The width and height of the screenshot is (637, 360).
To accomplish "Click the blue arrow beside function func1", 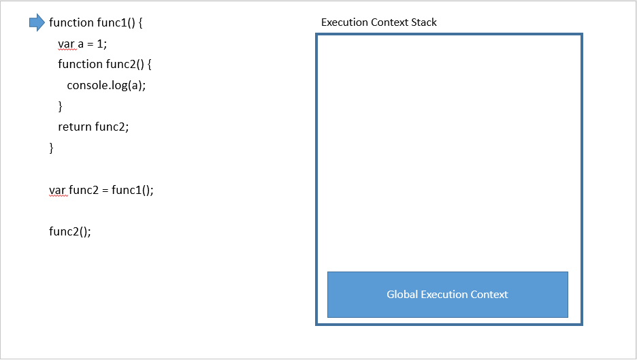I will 37,23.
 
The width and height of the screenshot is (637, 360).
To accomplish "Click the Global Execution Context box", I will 447,295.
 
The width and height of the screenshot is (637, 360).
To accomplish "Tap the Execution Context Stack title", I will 378,22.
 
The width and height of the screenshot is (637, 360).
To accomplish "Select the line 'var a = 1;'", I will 82,44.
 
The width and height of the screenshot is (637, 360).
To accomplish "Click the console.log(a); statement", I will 106,85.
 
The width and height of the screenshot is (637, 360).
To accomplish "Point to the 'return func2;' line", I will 93,126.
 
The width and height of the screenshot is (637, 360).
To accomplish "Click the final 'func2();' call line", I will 69,231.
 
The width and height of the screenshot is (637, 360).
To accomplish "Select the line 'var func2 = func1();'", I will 101,190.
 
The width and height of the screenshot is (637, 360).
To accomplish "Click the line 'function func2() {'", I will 105,64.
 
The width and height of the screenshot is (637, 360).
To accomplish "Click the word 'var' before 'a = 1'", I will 66,44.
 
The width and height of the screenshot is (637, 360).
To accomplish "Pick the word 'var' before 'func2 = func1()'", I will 57,190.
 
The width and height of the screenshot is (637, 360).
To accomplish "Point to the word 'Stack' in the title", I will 424,22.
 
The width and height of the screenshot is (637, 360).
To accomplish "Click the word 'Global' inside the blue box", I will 402,295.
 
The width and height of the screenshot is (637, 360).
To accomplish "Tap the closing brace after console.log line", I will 60,105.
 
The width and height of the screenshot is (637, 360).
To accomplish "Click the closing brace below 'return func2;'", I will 51,147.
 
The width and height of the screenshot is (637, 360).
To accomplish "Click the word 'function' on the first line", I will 71,23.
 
